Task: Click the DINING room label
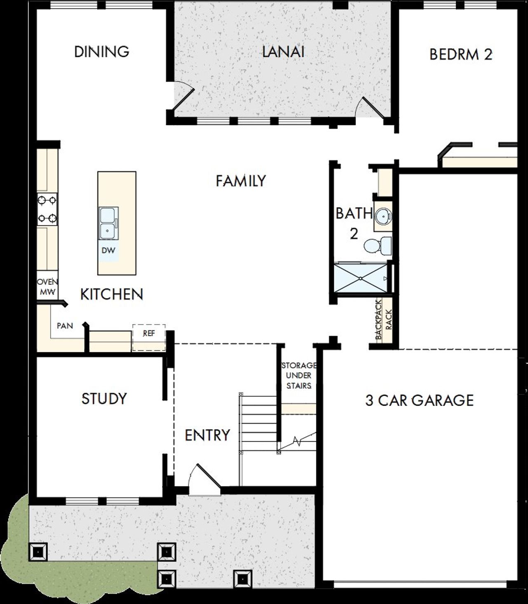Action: coord(101,52)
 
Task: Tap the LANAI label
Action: coord(283,52)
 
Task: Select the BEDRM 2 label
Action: coord(461,54)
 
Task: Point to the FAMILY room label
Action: coord(241,181)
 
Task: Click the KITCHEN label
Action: coord(111,295)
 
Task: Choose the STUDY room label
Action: coord(104,399)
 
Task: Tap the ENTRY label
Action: coord(207,435)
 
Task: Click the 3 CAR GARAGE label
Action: coord(420,400)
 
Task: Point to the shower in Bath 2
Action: coord(361,278)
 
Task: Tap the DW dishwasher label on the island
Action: coord(108,250)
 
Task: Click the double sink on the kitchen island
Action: coord(108,223)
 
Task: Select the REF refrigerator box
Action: coord(149,337)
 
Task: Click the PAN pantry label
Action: coord(65,326)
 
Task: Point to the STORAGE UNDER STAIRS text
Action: coord(299,375)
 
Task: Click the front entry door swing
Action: coord(204,479)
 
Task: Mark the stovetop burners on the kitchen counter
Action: coord(47,209)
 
